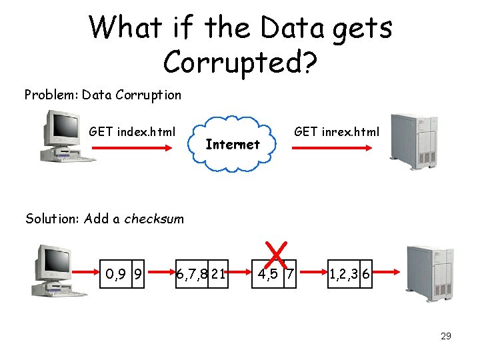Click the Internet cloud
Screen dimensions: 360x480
coord(233,144)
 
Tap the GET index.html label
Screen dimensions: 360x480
coord(132,131)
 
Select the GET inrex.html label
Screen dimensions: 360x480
coord(337,131)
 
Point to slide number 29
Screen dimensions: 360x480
coord(445,336)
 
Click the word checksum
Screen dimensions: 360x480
coord(154,219)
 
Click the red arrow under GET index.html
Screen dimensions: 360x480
coord(132,149)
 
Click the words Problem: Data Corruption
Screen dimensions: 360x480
coord(103,95)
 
